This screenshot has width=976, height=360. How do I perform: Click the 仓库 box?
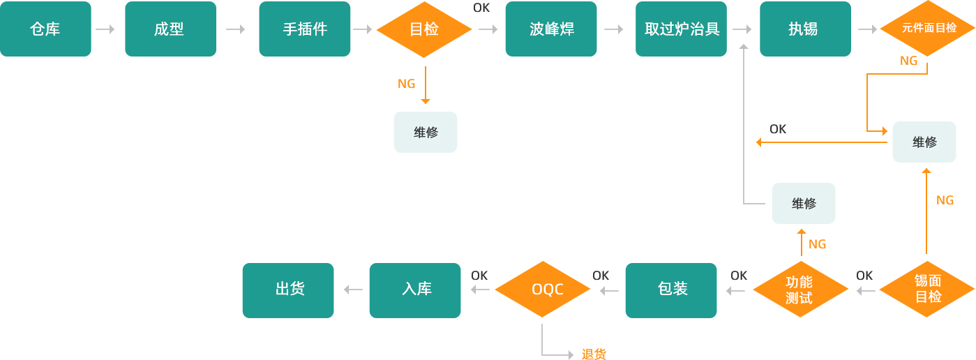pyautogui.click(x=45, y=29)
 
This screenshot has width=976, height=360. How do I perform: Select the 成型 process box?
pyautogui.click(x=170, y=29)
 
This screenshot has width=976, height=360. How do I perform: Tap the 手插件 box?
pyautogui.click(x=304, y=29)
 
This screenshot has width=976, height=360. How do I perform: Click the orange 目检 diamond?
pyautogui.click(x=424, y=29)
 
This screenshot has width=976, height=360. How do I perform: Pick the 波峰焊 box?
pyautogui.click(x=551, y=29)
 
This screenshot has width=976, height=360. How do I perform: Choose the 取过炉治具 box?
pyautogui.click(x=681, y=29)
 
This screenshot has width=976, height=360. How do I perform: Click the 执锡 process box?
pyautogui.click(x=805, y=29)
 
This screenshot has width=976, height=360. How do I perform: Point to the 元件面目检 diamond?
pyautogui.click(x=928, y=29)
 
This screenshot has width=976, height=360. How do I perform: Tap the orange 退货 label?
pyautogui.click(x=594, y=354)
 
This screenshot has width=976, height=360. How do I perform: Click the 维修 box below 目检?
pyautogui.click(x=426, y=132)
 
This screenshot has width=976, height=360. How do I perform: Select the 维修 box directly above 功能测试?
pyautogui.click(x=803, y=203)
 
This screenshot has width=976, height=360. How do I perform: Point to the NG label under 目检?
pyautogui.click(x=406, y=84)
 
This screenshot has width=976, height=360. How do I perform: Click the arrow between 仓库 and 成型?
pyautogui.click(x=105, y=29)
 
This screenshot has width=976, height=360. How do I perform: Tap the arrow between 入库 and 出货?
pyautogui.click(x=353, y=290)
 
